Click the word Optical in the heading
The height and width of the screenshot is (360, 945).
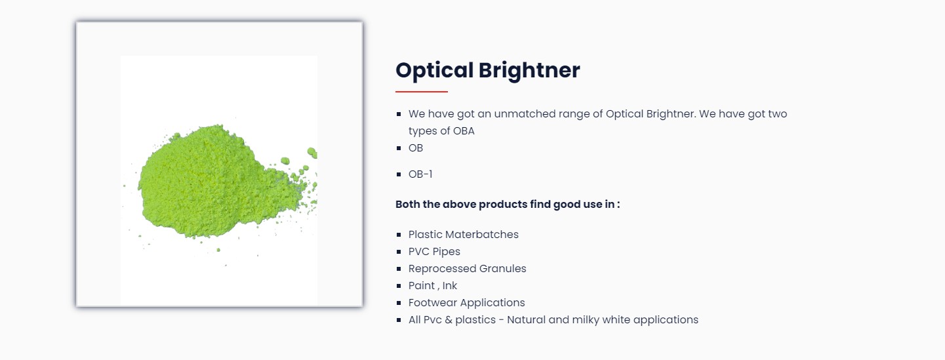(x=435, y=70)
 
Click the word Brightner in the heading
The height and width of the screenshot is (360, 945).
(x=529, y=70)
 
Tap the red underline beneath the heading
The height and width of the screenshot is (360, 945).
(x=422, y=91)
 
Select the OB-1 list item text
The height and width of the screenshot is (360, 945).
(x=420, y=174)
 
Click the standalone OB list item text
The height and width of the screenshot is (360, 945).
(x=416, y=148)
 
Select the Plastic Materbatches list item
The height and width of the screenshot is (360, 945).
(x=463, y=234)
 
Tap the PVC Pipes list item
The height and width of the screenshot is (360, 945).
(x=434, y=252)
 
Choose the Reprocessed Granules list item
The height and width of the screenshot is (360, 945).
(x=467, y=268)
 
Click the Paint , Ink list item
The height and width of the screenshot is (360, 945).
(x=432, y=286)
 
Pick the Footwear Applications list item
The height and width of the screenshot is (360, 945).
(x=466, y=302)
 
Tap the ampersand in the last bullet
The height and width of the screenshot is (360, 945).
(x=449, y=320)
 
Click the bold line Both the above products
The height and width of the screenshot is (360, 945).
(x=508, y=205)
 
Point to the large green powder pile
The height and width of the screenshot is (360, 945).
(x=220, y=182)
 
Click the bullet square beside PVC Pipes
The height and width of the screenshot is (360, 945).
(x=399, y=252)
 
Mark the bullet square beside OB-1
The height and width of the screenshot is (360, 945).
(x=399, y=174)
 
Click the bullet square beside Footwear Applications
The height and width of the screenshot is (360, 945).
(x=399, y=303)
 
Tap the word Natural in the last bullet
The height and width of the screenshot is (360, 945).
(x=526, y=320)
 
